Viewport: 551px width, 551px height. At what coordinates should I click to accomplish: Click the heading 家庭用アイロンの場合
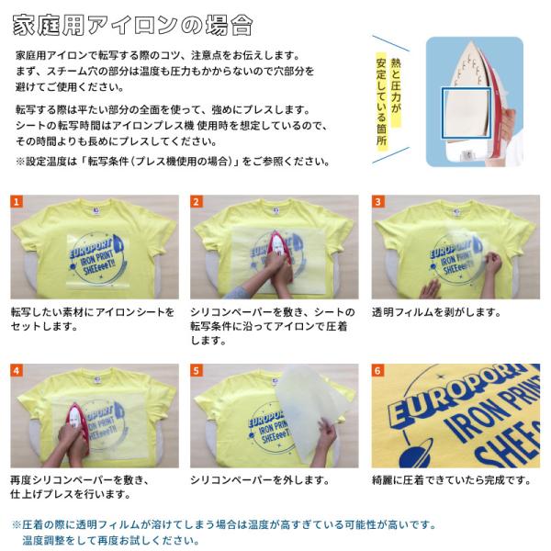(132, 26)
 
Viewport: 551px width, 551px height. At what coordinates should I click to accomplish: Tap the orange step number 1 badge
(17, 202)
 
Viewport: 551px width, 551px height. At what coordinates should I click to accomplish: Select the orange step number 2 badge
(197, 202)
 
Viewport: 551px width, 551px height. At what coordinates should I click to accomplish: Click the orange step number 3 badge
(377, 202)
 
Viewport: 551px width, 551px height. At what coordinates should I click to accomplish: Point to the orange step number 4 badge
(17, 370)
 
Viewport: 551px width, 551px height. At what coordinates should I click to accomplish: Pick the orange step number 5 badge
(197, 370)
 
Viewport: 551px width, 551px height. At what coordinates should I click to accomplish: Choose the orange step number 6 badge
(377, 370)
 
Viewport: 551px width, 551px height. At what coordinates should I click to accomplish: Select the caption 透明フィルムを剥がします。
(436, 312)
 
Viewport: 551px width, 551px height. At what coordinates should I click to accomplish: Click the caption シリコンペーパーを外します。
(260, 480)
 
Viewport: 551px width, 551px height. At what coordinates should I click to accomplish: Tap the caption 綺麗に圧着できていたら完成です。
(452, 480)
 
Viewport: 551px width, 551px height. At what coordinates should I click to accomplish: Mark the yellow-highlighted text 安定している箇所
(381, 102)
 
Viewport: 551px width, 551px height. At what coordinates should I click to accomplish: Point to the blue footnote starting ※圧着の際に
(225, 533)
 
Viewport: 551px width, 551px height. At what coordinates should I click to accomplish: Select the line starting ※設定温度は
(173, 162)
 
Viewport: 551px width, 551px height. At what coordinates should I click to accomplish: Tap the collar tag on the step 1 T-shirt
(96, 210)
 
